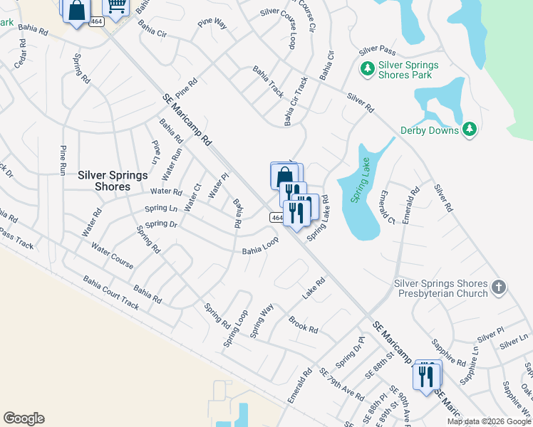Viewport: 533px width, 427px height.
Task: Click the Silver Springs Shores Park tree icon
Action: pos(367,69)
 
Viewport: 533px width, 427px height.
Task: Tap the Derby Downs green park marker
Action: pos(469,129)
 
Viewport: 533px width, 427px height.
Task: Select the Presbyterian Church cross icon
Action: pos(499,288)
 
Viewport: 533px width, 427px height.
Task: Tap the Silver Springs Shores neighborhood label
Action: pos(103,181)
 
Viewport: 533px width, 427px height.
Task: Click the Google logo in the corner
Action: pos(24,418)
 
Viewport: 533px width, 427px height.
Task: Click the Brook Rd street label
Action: pos(304,324)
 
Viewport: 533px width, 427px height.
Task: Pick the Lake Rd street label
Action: pos(314,288)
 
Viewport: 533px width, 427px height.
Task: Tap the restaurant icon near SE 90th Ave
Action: pos(427,374)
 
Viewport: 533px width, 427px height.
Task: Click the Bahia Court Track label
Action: pos(110,292)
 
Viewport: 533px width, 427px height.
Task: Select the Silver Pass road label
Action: pos(378,51)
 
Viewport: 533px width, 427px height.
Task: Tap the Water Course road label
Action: pos(112,255)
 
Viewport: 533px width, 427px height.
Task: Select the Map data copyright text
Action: pos(489,421)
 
